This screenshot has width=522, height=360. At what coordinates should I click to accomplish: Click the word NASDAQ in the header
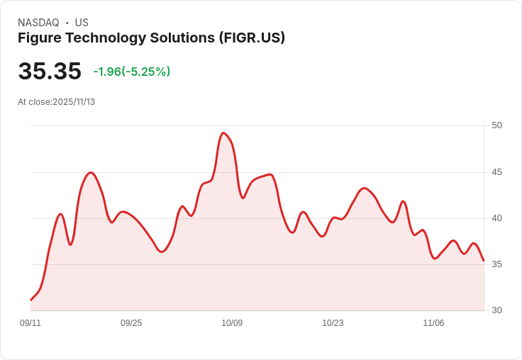point(38,23)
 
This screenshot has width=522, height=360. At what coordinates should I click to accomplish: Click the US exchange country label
point(82,23)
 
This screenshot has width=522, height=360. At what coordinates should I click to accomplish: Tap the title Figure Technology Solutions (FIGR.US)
point(151,38)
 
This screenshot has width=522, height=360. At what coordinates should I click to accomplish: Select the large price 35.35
point(50,72)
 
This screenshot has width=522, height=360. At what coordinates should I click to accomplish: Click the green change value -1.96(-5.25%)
point(132,72)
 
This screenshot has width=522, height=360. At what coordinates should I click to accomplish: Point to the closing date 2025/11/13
point(74,102)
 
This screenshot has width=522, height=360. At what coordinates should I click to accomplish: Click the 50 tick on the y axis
point(496,125)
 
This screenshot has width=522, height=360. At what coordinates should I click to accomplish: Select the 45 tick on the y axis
point(496,172)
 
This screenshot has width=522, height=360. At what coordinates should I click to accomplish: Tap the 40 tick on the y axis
point(496,218)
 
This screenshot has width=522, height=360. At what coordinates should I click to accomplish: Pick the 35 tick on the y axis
point(496,264)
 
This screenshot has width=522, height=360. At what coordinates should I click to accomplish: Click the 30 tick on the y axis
point(496,310)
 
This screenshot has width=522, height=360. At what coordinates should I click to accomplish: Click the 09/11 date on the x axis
point(30,323)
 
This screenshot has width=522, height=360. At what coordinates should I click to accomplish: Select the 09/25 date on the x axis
point(131,323)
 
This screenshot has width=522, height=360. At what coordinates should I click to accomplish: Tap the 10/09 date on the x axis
point(232,323)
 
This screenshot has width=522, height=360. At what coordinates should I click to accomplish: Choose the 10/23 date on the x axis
point(333,323)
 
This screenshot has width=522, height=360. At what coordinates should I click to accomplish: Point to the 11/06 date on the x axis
point(433,323)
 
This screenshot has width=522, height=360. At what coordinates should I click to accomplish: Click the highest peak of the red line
point(223,133)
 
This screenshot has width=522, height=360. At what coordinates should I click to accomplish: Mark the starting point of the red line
point(31,300)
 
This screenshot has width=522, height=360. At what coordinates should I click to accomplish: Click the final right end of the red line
point(484,261)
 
